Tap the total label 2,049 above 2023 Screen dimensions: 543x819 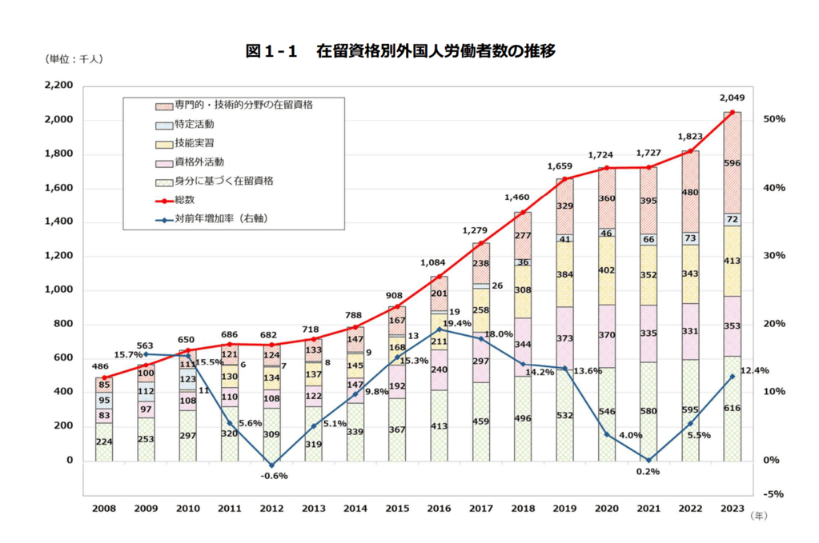(733, 98)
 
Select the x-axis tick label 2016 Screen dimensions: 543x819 (439, 508)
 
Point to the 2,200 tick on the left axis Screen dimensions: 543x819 (57, 86)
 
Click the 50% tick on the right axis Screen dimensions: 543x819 (775, 119)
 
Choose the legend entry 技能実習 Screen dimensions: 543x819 (194, 143)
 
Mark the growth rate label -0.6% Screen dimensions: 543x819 (273, 476)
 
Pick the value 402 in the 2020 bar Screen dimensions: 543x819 (608, 271)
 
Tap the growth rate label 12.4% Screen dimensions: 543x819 (755, 370)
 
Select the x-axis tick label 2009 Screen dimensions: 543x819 (146, 508)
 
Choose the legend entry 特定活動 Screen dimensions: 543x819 (194, 125)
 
